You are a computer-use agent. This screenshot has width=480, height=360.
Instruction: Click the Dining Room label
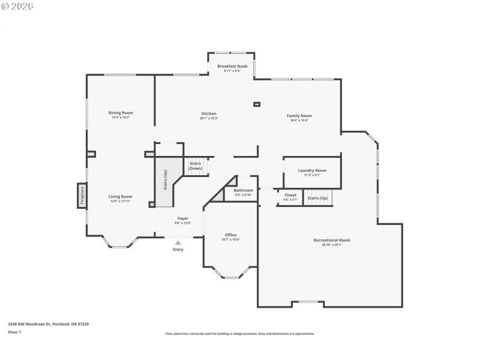point(121,113)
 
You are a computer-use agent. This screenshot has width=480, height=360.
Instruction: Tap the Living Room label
point(120,197)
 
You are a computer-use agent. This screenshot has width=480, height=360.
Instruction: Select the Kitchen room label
point(209,113)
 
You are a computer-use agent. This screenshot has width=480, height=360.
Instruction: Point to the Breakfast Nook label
point(232,65)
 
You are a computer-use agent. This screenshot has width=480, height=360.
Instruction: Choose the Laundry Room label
point(312,170)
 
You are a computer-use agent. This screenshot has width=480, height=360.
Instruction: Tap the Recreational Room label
point(331,240)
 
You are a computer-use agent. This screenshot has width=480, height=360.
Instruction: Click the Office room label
point(230,235)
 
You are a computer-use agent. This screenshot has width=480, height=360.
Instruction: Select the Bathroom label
point(243,190)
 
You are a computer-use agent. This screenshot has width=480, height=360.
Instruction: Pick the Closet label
point(290,195)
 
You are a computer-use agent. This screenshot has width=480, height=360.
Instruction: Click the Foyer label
point(182,218)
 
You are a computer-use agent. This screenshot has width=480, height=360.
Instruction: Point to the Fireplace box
point(82,196)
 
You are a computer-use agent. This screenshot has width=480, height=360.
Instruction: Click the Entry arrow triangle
point(178,242)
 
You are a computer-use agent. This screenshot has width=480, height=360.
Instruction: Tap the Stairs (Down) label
point(195,166)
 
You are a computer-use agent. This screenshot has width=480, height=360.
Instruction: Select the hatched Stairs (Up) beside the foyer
point(166,180)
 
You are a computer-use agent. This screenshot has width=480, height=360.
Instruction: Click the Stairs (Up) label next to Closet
point(317,198)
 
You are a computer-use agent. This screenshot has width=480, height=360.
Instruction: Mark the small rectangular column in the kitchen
point(257,104)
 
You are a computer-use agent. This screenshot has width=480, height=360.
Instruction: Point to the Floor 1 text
point(14,332)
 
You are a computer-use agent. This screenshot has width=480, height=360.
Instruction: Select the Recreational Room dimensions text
point(331,245)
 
